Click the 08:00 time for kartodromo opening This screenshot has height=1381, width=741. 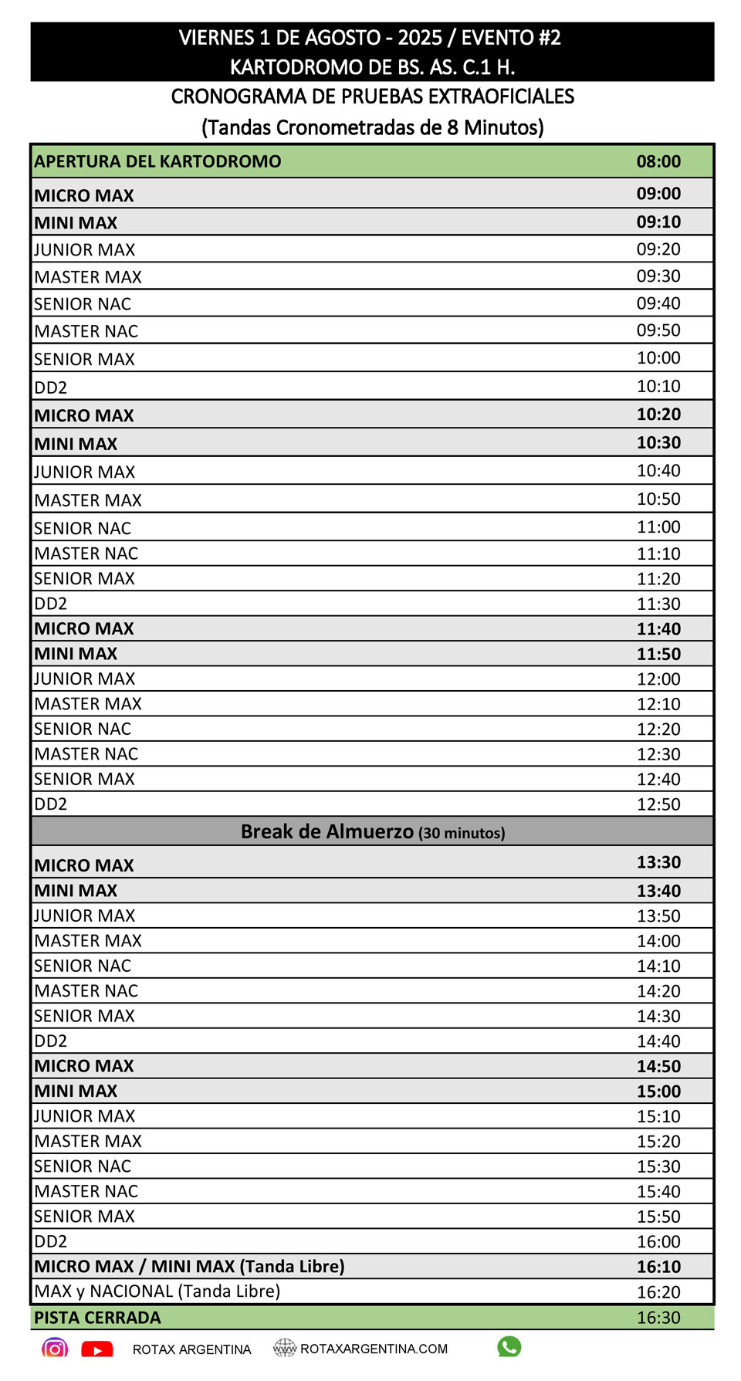pos(658,161)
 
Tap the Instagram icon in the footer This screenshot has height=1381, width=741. pos(55,1349)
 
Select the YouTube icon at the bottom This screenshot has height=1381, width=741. pos(97,1349)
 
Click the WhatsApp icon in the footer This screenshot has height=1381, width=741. pos(509,1347)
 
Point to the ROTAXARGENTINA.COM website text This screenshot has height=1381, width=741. pos(374,1349)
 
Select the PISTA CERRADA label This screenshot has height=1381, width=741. pos(97,1318)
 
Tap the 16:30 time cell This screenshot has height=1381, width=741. pos(658,1318)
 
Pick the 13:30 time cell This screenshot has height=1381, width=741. pos(658,862)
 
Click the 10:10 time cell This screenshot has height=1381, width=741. pos(658,386)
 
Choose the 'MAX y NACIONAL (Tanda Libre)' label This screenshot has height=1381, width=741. pos(157,1291)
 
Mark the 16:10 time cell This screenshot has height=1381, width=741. pos(658,1266)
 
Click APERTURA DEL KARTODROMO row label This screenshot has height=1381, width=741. pos(157,161)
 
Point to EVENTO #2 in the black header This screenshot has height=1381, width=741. pos(511,38)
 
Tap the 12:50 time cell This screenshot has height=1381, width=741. pos(658,804)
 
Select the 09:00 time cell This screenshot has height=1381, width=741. pos(658,194)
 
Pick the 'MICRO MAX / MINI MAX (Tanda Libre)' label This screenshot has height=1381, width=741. pos(189,1266)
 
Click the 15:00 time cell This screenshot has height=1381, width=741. pos(658,1091)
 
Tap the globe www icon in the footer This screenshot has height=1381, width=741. pos(285,1348)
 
